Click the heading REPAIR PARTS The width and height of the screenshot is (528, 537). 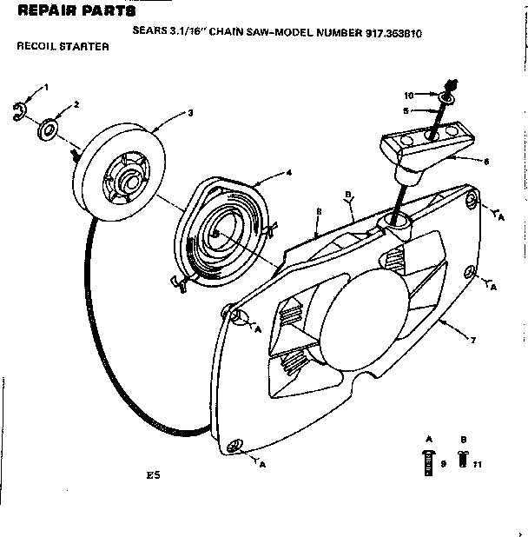pyautogui.click(x=76, y=12)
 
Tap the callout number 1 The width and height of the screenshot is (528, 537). pyautogui.click(x=46, y=88)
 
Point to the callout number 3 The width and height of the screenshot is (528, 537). pyautogui.click(x=190, y=112)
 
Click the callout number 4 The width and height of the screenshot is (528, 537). pyautogui.click(x=288, y=172)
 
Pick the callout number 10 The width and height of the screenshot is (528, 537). pyautogui.click(x=408, y=94)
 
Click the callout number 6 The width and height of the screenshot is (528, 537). pyautogui.click(x=485, y=161)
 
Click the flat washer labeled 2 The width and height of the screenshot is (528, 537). pyautogui.click(x=49, y=132)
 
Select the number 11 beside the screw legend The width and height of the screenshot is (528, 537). pyautogui.click(x=478, y=465)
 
